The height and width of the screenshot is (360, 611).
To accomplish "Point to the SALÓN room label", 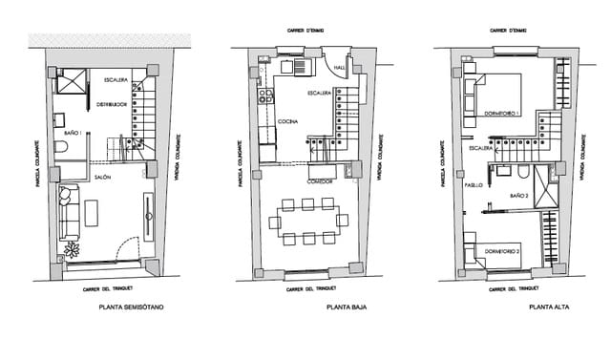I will pyautogui.click(x=103, y=177).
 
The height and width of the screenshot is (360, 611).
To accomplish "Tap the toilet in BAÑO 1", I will pyautogui.click(x=60, y=148).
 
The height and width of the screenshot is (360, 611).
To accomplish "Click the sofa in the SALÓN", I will pyautogui.click(x=66, y=215).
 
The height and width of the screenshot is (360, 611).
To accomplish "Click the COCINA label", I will pyautogui.click(x=288, y=122).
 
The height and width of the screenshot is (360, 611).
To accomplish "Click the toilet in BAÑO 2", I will pyautogui.click(x=524, y=173).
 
